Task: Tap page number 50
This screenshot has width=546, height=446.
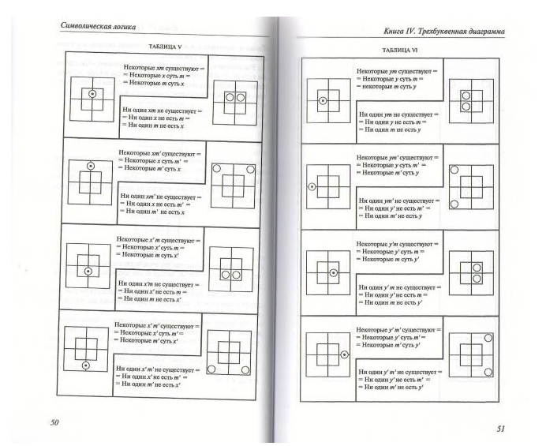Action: pos(54,423)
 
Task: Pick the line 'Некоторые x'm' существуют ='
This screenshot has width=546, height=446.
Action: pos(158,325)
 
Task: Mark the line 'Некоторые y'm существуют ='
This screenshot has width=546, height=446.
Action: pos(397,243)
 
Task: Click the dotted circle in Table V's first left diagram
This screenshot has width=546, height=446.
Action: pos(92,94)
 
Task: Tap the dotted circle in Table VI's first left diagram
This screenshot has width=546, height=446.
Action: pos(322,100)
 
